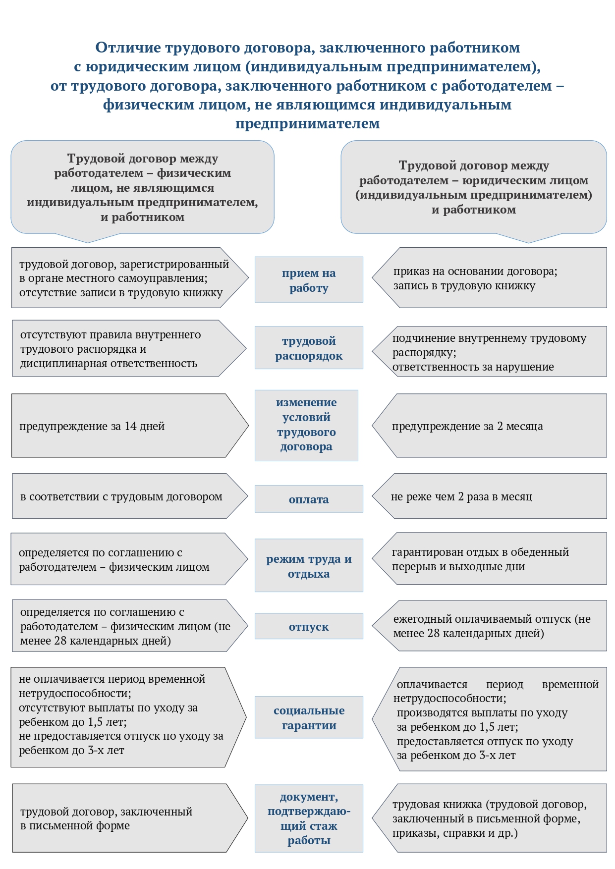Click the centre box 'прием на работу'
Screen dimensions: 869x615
click(309, 280)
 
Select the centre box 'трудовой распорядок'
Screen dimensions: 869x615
click(309, 348)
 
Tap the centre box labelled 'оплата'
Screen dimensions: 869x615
click(309, 499)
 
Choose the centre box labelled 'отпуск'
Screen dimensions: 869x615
click(309, 626)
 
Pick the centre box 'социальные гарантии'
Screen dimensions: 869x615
click(309, 717)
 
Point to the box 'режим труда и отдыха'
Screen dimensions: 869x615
click(309, 566)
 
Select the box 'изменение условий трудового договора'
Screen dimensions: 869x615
click(306, 425)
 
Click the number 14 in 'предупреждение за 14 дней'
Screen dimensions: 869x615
click(130, 426)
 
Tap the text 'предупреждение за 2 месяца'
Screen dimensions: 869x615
click(467, 426)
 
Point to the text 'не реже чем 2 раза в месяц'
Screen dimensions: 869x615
click(461, 496)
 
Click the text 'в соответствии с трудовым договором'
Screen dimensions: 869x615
click(121, 496)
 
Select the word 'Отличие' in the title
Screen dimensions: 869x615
click(128, 48)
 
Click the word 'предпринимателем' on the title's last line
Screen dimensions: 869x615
click(307, 123)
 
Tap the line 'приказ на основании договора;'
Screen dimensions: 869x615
click(475, 272)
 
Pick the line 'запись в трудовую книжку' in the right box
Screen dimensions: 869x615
click(464, 286)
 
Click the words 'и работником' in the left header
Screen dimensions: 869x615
click(142, 217)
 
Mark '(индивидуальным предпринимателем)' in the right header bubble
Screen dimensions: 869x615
click(473, 195)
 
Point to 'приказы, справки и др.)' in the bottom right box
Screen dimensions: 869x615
click(454, 833)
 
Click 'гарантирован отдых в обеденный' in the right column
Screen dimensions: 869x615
click(480, 552)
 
